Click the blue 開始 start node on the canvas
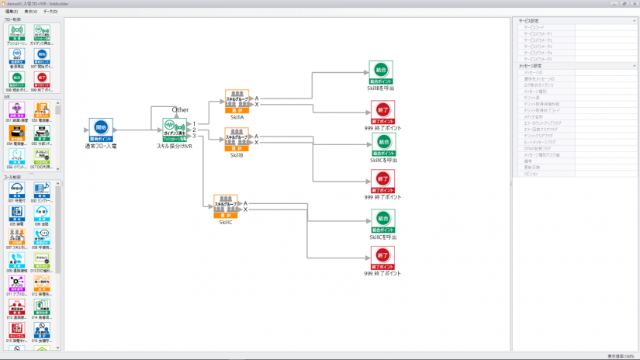[101, 130]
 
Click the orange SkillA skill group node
[237, 101]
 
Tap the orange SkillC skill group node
[225, 206]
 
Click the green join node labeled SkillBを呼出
[381, 72]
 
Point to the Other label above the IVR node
[180, 110]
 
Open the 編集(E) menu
[11, 12]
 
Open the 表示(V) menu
[30, 12]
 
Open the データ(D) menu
[50, 12]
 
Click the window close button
[634, 4]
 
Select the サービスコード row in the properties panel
[543, 28]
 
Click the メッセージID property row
[543, 72]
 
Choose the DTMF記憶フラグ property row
[543, 147]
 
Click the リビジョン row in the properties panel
[543, 174]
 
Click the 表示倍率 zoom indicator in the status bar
[621, 356]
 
